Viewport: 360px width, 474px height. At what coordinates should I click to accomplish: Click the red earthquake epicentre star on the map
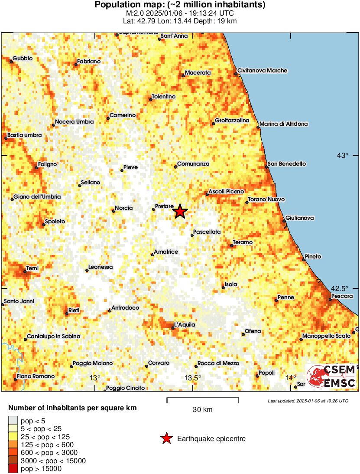180,211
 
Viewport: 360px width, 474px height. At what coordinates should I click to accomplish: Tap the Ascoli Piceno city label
226,191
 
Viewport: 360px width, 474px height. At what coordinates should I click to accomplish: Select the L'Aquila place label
185,324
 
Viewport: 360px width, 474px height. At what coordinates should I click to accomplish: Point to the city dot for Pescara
330,299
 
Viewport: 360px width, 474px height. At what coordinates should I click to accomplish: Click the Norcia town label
124,208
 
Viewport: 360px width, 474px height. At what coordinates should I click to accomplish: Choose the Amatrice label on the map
166,252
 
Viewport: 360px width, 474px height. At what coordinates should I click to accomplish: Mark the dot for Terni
25,272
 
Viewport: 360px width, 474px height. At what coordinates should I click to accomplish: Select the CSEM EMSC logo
331,376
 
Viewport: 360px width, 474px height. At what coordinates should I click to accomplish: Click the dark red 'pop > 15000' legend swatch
13,468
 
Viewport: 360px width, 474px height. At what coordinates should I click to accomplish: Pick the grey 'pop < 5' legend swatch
13,420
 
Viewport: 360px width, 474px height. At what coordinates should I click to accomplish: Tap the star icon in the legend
166,439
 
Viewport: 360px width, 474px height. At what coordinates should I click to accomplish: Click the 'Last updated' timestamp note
308,401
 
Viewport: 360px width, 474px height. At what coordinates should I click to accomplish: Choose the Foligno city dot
36,168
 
